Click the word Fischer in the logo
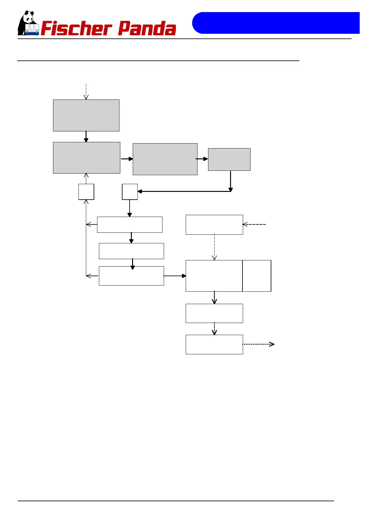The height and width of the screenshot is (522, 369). click(x=76, y=29)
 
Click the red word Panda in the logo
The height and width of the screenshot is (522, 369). click(x=147, y=29)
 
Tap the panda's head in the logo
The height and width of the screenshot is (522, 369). click(x=29, y=17)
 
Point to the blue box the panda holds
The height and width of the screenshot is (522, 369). click(x=32, y=29)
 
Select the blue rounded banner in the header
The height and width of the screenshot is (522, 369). click(x=275, y=23)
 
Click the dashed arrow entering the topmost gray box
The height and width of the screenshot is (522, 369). click(x=86, y=92)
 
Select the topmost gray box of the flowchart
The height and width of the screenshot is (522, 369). click(x=86, y=115)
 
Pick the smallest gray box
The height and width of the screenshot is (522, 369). click(x=229, y=159)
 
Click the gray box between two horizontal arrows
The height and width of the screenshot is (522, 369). click(x=165, y=159)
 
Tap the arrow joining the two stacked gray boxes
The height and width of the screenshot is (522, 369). click(x=86, y=137)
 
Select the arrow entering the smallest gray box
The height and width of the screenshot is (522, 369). click(x=202, y=159)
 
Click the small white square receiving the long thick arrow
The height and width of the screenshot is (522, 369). click(x=130, y=192)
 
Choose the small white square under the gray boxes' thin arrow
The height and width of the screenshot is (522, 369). click(x=86, y=192)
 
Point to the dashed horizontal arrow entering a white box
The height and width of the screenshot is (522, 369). click(x=254, y=224)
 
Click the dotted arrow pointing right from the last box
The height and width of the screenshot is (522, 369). click(x=258, y=344)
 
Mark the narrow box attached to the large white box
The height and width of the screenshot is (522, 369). click(x=257, y=276)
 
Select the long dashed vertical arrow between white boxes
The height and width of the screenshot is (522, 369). click(x=214, y=247)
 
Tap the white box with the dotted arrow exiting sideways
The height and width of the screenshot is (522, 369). click(x=214, y=344)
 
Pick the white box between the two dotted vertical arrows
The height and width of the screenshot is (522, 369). click(x=214, y=313)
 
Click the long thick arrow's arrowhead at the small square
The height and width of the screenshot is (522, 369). click(x=140, y=192)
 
